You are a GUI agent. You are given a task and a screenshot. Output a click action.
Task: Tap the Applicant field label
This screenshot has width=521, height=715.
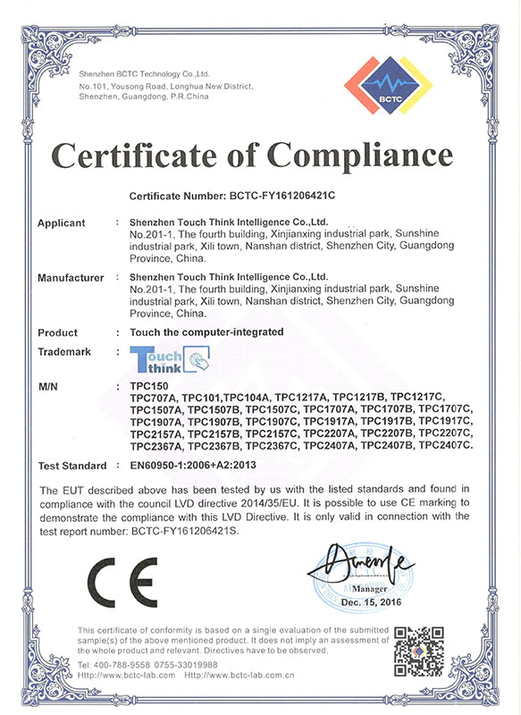pyautogui.click(x=62, y=223)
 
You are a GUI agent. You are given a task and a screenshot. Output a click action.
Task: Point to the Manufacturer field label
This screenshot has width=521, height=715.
pyautogui.click(x=71, y=279)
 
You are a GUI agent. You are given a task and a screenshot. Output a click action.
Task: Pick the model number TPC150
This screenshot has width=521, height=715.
pyautogui.click(x=148, y=385)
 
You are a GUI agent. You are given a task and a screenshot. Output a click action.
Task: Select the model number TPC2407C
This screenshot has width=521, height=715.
pyautogui.click(x=446, y=445)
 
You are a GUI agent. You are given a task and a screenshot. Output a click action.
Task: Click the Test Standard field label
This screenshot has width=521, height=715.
pyautogui.click(x=72, y=467)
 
